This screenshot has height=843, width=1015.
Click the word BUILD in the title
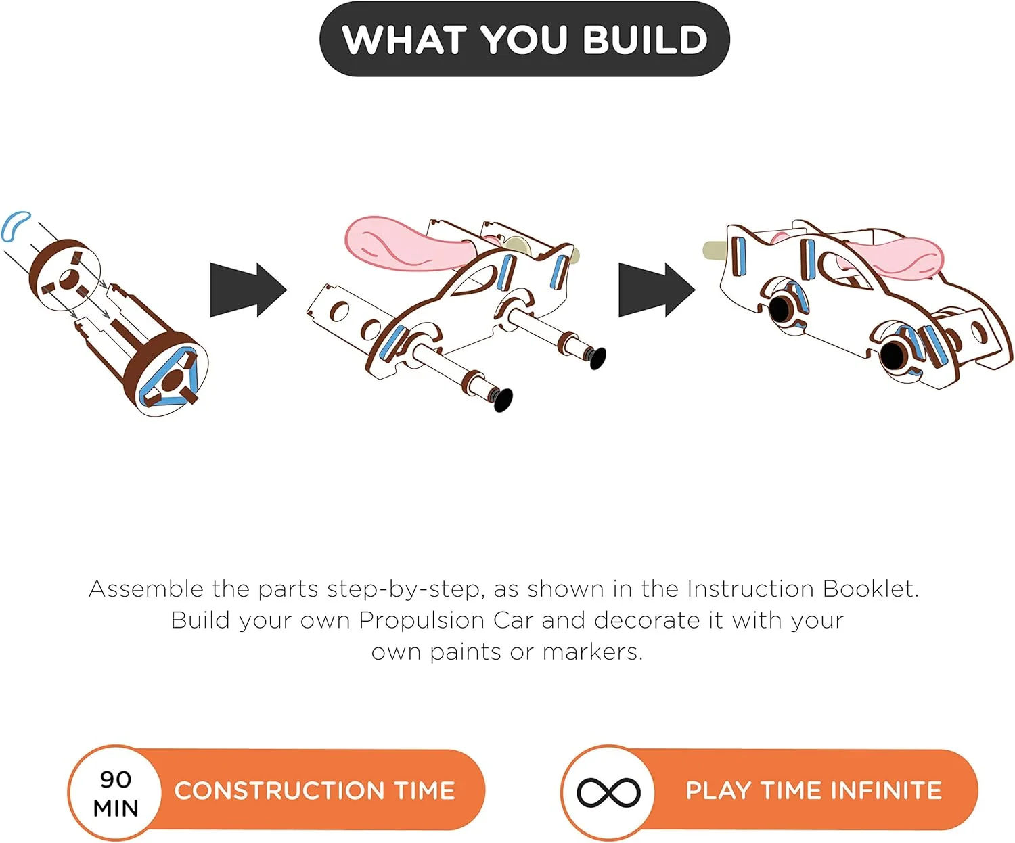click(x=645, y=39)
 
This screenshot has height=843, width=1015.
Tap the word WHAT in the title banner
click(x=404, y=39)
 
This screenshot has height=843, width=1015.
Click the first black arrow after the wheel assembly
click(x=248, y=290)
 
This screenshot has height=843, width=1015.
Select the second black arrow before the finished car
click(x=657, y=290)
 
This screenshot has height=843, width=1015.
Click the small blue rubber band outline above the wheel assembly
click(x=15, y=225)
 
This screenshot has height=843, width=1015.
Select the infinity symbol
click(x=608, y=792)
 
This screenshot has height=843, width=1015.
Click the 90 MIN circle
click(x=115, y=792)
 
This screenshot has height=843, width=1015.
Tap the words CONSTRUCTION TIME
click(x=315, y=791)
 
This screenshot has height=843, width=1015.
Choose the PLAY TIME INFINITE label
click(x=814, y=791)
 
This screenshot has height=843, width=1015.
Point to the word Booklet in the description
click(x=870, y=589)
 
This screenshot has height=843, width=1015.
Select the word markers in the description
click(x=592, y=652)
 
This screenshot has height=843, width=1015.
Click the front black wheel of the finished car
click(x=893, y=355)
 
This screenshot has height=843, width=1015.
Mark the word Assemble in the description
click(x=146, y=589)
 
